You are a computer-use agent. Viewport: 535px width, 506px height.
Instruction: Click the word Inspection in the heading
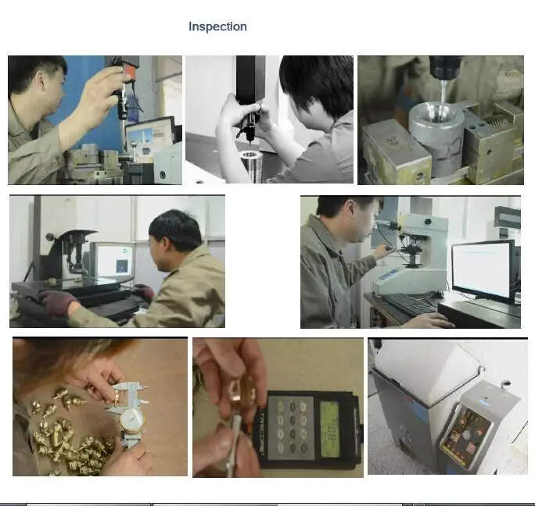tap(217, 27)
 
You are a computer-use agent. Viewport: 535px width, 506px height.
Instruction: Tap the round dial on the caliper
tap(132, 421)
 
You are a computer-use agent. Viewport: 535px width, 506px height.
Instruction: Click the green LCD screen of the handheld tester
tap(329, 429)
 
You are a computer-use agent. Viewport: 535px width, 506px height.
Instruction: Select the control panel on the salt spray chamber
tap(466, 433)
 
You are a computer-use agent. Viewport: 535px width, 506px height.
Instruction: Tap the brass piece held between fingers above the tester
tap(242, 393)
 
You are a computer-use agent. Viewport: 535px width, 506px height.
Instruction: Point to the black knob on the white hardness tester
tap(428, 223)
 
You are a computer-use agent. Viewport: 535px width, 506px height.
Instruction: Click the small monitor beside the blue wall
tap(150, 135)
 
